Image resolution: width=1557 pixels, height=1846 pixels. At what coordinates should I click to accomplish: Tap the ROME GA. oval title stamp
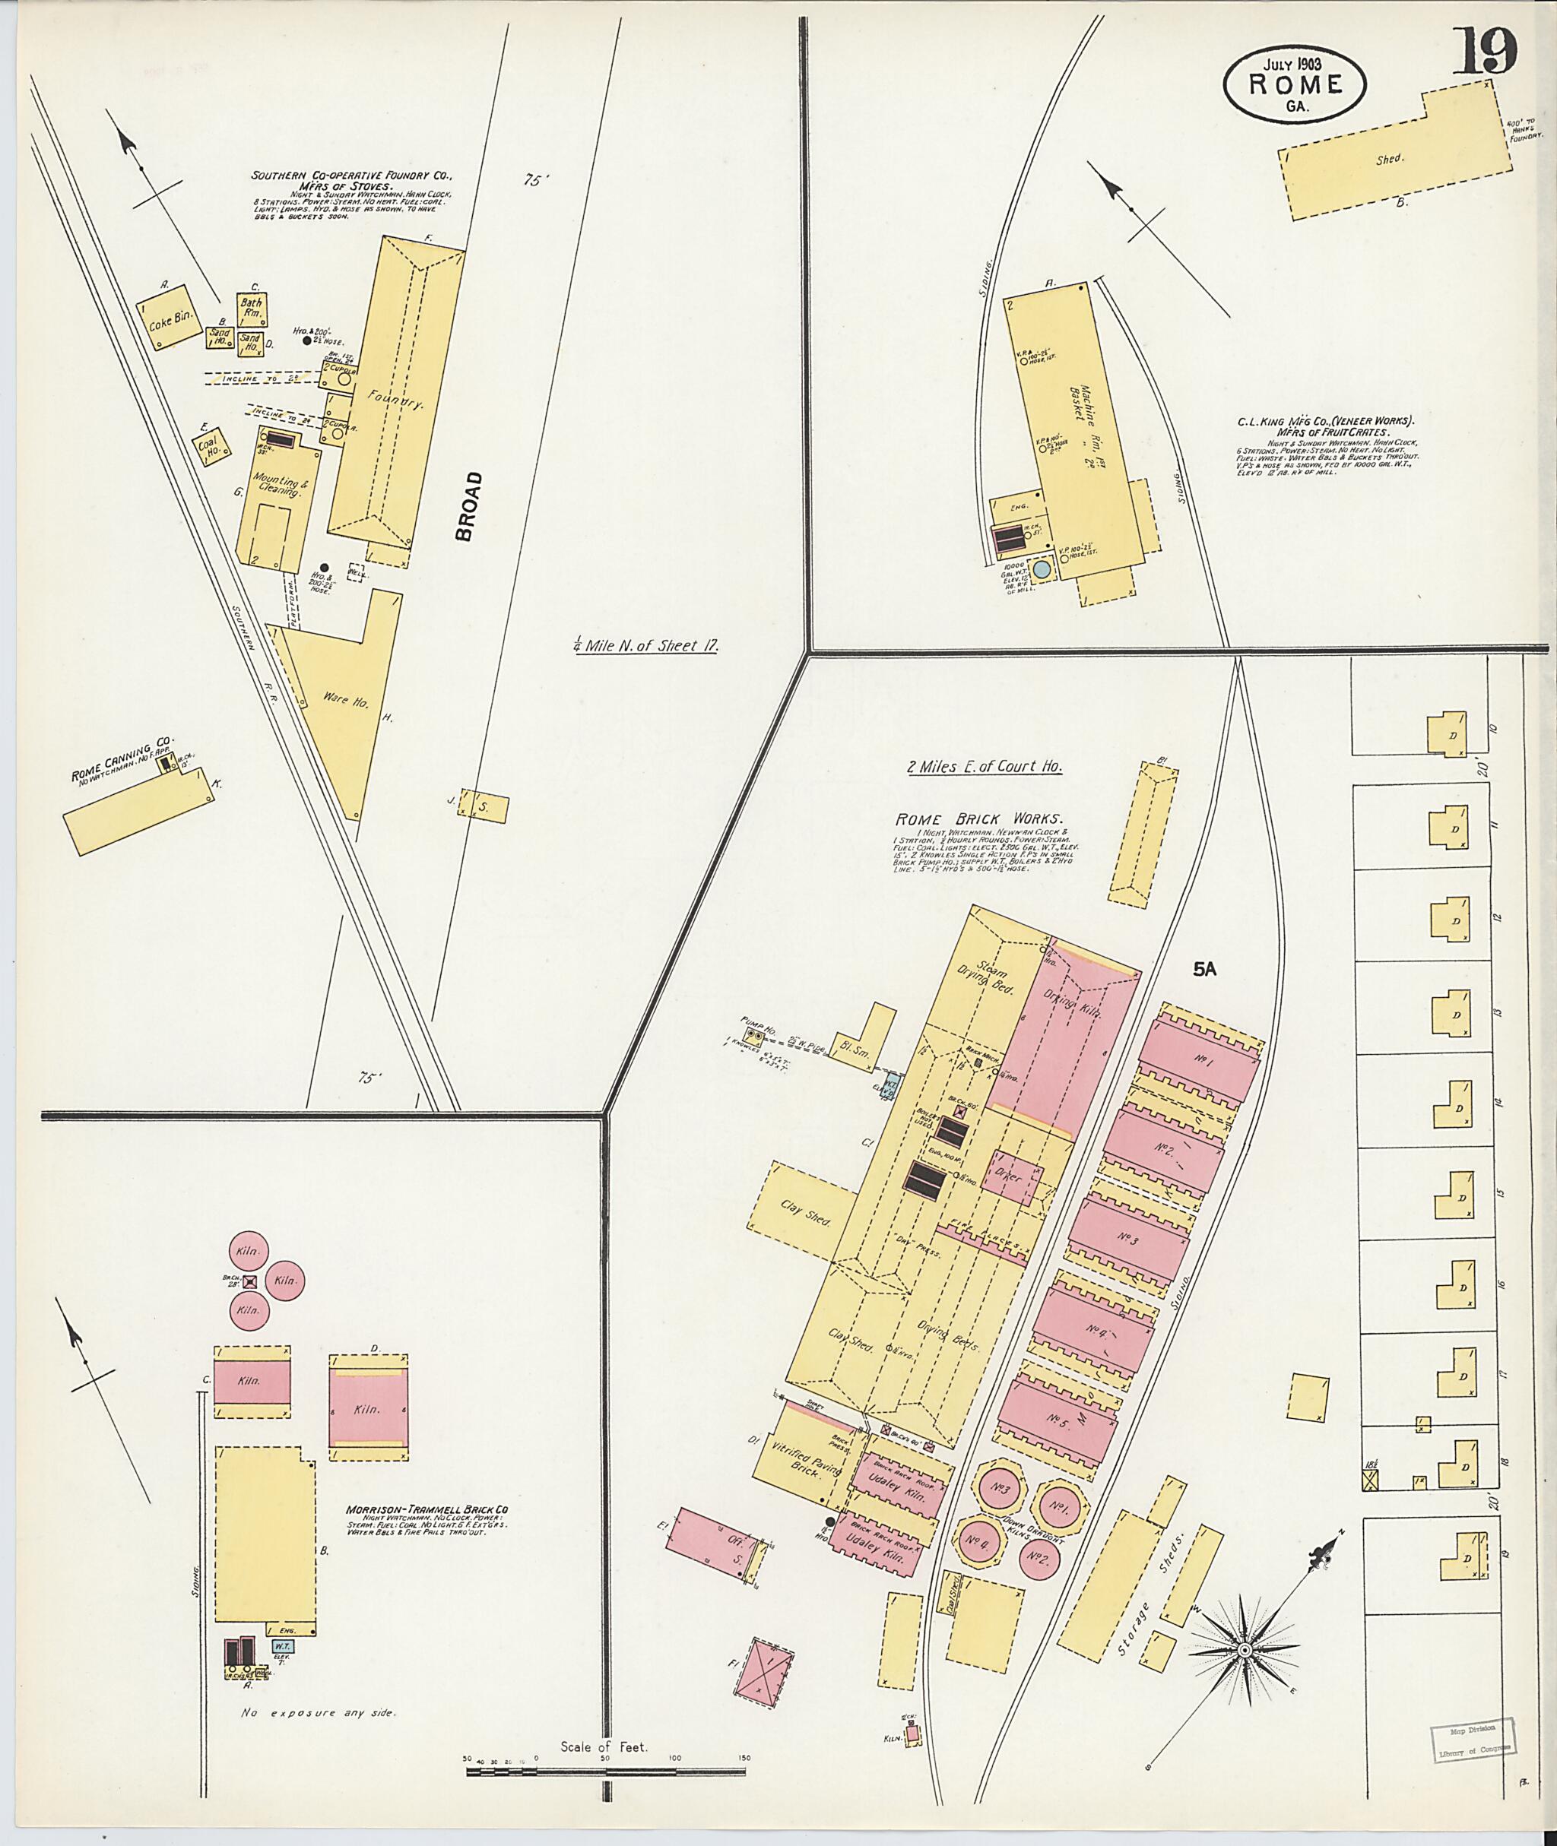pyautogui.click(x=1294, y=84)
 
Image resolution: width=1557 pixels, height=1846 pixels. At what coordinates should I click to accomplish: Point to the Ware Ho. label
pyautogui.click(x=336, y=698)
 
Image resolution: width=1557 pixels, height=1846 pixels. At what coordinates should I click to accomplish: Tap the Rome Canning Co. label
pyautogui.click(x=124, y=760)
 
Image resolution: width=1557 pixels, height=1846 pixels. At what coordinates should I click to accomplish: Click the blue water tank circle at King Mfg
pyautogui.click(x=1042, y=569)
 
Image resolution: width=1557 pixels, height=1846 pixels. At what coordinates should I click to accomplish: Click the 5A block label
pyautogui.click(x=1205, y=969)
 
